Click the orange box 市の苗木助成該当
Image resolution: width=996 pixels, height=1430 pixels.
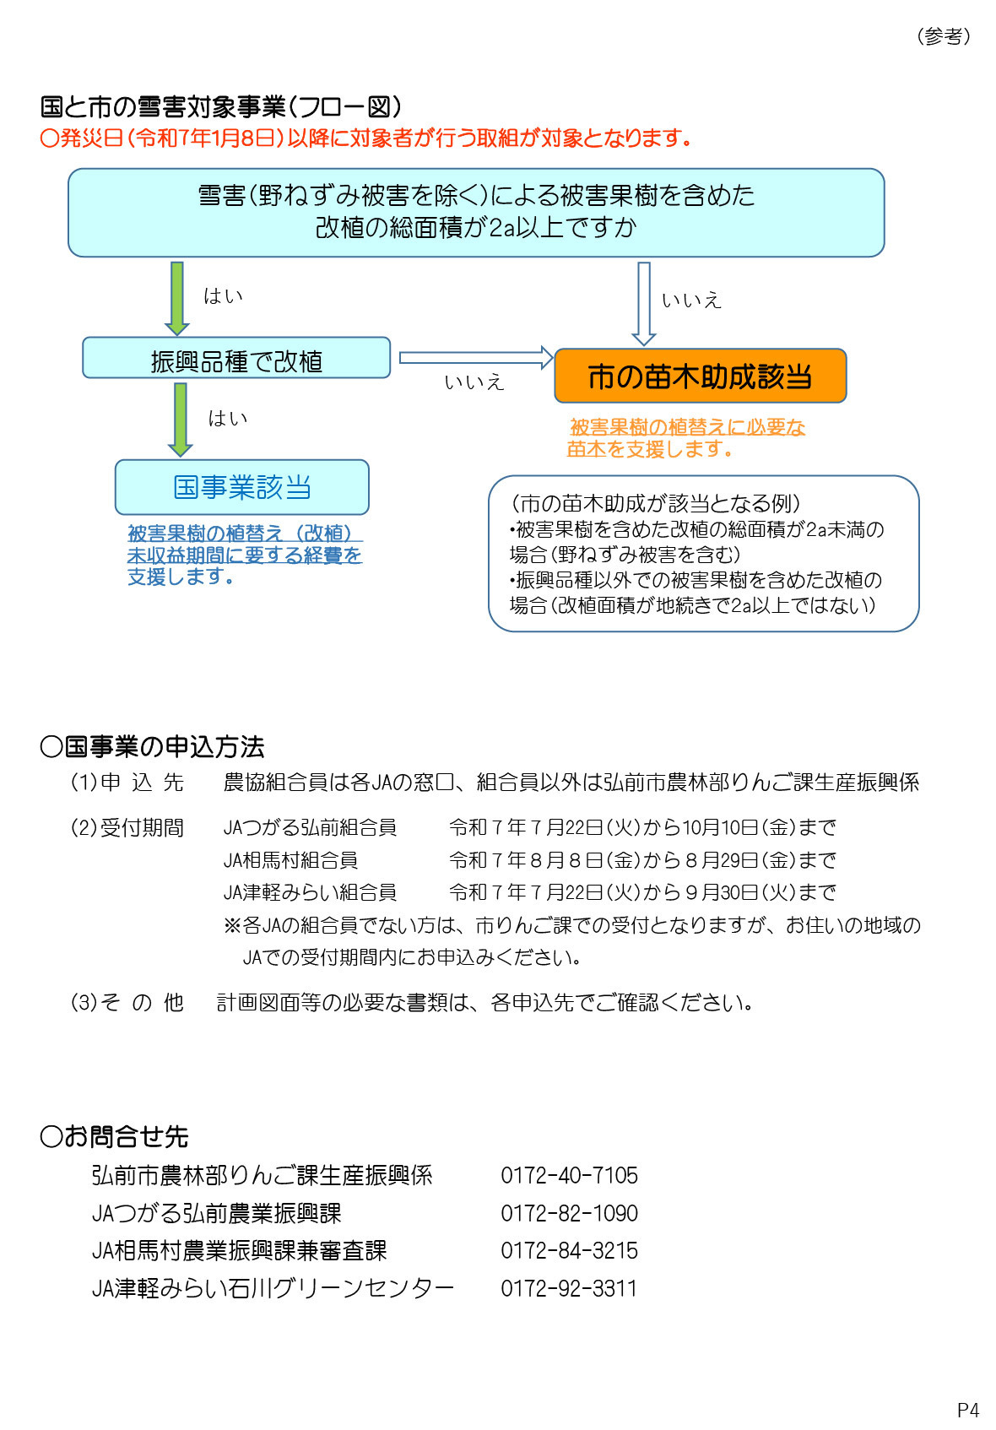point(700,376)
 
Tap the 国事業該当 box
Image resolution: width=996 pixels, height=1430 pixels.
point(242,487)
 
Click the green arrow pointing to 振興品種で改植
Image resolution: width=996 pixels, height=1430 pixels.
point(177,297)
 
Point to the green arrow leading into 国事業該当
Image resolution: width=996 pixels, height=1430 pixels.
point(180,419)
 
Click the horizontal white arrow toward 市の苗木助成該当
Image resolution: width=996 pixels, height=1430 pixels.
point(475,358)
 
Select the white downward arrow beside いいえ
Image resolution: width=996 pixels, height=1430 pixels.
point(644,302)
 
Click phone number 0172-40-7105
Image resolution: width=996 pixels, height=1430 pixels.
point(569,1175)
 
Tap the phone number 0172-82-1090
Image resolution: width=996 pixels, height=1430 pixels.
point(569,1213)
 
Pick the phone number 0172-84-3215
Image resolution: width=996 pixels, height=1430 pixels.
point(569,1250)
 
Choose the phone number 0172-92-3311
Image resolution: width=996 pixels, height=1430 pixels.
point(569,1288)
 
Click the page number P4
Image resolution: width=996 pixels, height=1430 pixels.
point(968,1410)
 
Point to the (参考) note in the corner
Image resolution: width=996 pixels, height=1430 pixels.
point(944,36)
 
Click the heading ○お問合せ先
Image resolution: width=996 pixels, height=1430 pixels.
point(114,1136)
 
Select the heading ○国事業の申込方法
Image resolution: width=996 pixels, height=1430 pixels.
point(152,746)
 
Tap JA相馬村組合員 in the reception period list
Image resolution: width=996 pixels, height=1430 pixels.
point(290,860)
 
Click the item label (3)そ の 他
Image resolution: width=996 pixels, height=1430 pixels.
point(127,1002)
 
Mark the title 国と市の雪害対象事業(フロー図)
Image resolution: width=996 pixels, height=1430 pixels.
point(221,107)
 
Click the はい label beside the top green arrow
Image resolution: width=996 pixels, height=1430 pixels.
point(223,296)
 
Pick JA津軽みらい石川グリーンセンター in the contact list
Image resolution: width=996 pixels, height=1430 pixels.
point(273,1288)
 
